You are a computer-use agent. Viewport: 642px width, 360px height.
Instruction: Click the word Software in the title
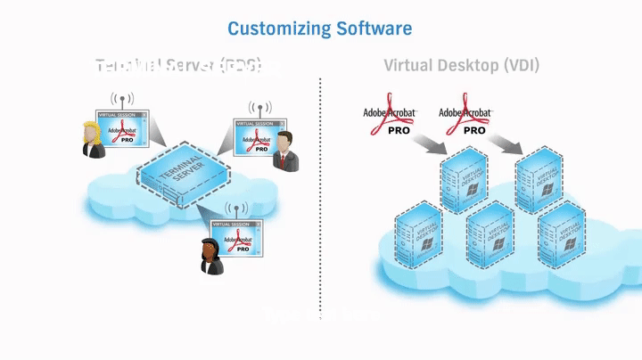(374, 29)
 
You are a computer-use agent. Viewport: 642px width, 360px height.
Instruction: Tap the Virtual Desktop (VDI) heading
(461, 65)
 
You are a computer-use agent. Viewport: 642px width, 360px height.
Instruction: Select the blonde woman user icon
(92, 140)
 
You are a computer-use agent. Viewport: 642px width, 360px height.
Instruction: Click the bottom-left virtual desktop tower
(419, 235)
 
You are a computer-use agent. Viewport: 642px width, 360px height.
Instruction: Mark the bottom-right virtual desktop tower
(562, 235)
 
